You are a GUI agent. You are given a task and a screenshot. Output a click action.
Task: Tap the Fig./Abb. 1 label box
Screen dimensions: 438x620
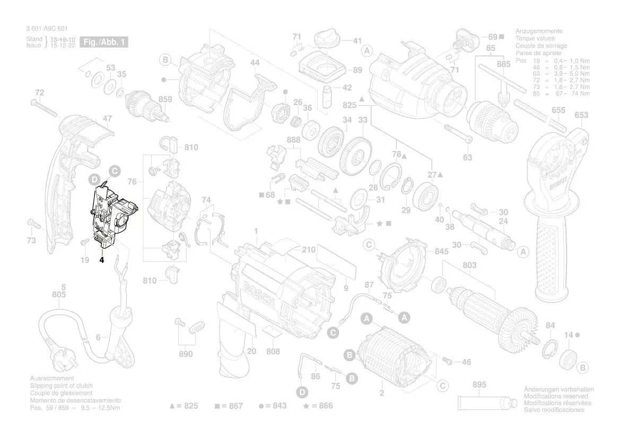click(x=104, y=42)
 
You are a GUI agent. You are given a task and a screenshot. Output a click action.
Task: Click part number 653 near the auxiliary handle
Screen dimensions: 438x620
click(x=581, y=115)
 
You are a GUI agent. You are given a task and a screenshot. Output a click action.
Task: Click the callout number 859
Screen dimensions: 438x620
click(x=165, y=99)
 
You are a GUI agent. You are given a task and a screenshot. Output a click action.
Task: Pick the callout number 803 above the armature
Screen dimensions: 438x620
click(x=469, y=265)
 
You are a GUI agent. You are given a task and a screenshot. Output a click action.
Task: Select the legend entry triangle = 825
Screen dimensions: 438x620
click(x=183, y=406)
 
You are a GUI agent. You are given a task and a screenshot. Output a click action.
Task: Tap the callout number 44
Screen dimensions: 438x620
click(x=255, y=63)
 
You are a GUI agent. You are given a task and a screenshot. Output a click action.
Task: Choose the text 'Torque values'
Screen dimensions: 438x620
click(x=535, y=39)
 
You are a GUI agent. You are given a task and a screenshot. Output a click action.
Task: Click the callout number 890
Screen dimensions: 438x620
click(x=185, y=354)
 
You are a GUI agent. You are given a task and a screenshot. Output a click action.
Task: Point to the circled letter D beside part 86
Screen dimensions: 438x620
click(x=302, y=392)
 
